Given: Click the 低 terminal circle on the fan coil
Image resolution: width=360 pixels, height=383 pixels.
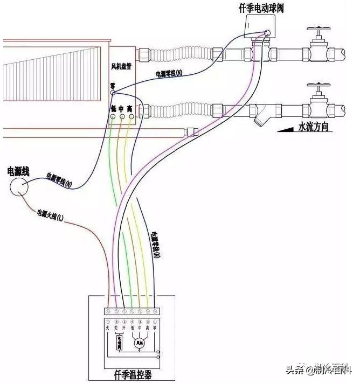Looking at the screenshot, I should [x=113, y=116].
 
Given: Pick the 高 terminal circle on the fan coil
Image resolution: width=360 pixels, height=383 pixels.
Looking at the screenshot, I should [x=130, y=116].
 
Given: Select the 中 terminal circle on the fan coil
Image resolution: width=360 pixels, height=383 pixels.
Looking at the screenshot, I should [x=121, y=116].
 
